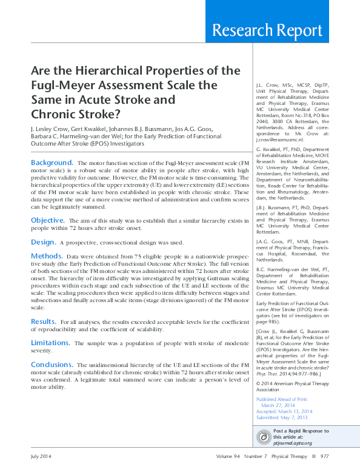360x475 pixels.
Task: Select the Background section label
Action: [x=52, y=163]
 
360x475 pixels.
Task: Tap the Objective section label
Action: [x=48, y=220]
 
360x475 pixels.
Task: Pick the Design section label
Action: [x=44, y=241]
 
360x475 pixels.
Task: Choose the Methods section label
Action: [x=47, y=256]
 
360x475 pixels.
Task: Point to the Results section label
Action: [x=44, y=321]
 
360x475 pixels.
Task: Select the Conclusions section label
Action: [x=52, y=365]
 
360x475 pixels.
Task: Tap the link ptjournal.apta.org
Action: [x=293, y=443]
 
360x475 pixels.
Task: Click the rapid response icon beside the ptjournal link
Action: [x=264, y=437]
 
